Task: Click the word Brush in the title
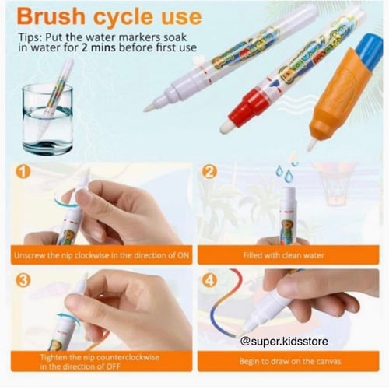tap(51, 16)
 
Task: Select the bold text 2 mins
tap(99, 47)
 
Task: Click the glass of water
tap(47, 119)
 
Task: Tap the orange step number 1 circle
tap(23, 171)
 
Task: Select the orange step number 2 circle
tap(209, 171)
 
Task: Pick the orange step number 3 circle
tap(23, 280)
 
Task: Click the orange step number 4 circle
tap(209, 280)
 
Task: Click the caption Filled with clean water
tap(283, 255)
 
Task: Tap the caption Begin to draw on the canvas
tap(290, 361)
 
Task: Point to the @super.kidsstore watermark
tap(284, 341)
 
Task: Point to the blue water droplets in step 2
tap(286, 171)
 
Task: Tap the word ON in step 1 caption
tap(183, 255)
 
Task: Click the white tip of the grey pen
tap(150, 107)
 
